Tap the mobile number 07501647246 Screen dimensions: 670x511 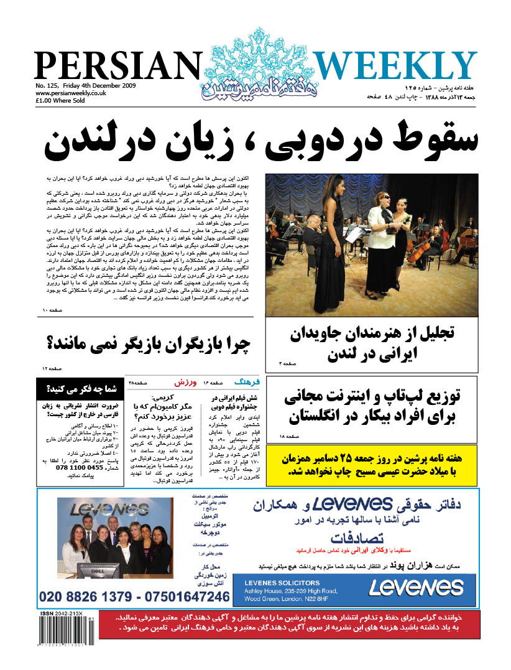(186, 597)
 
